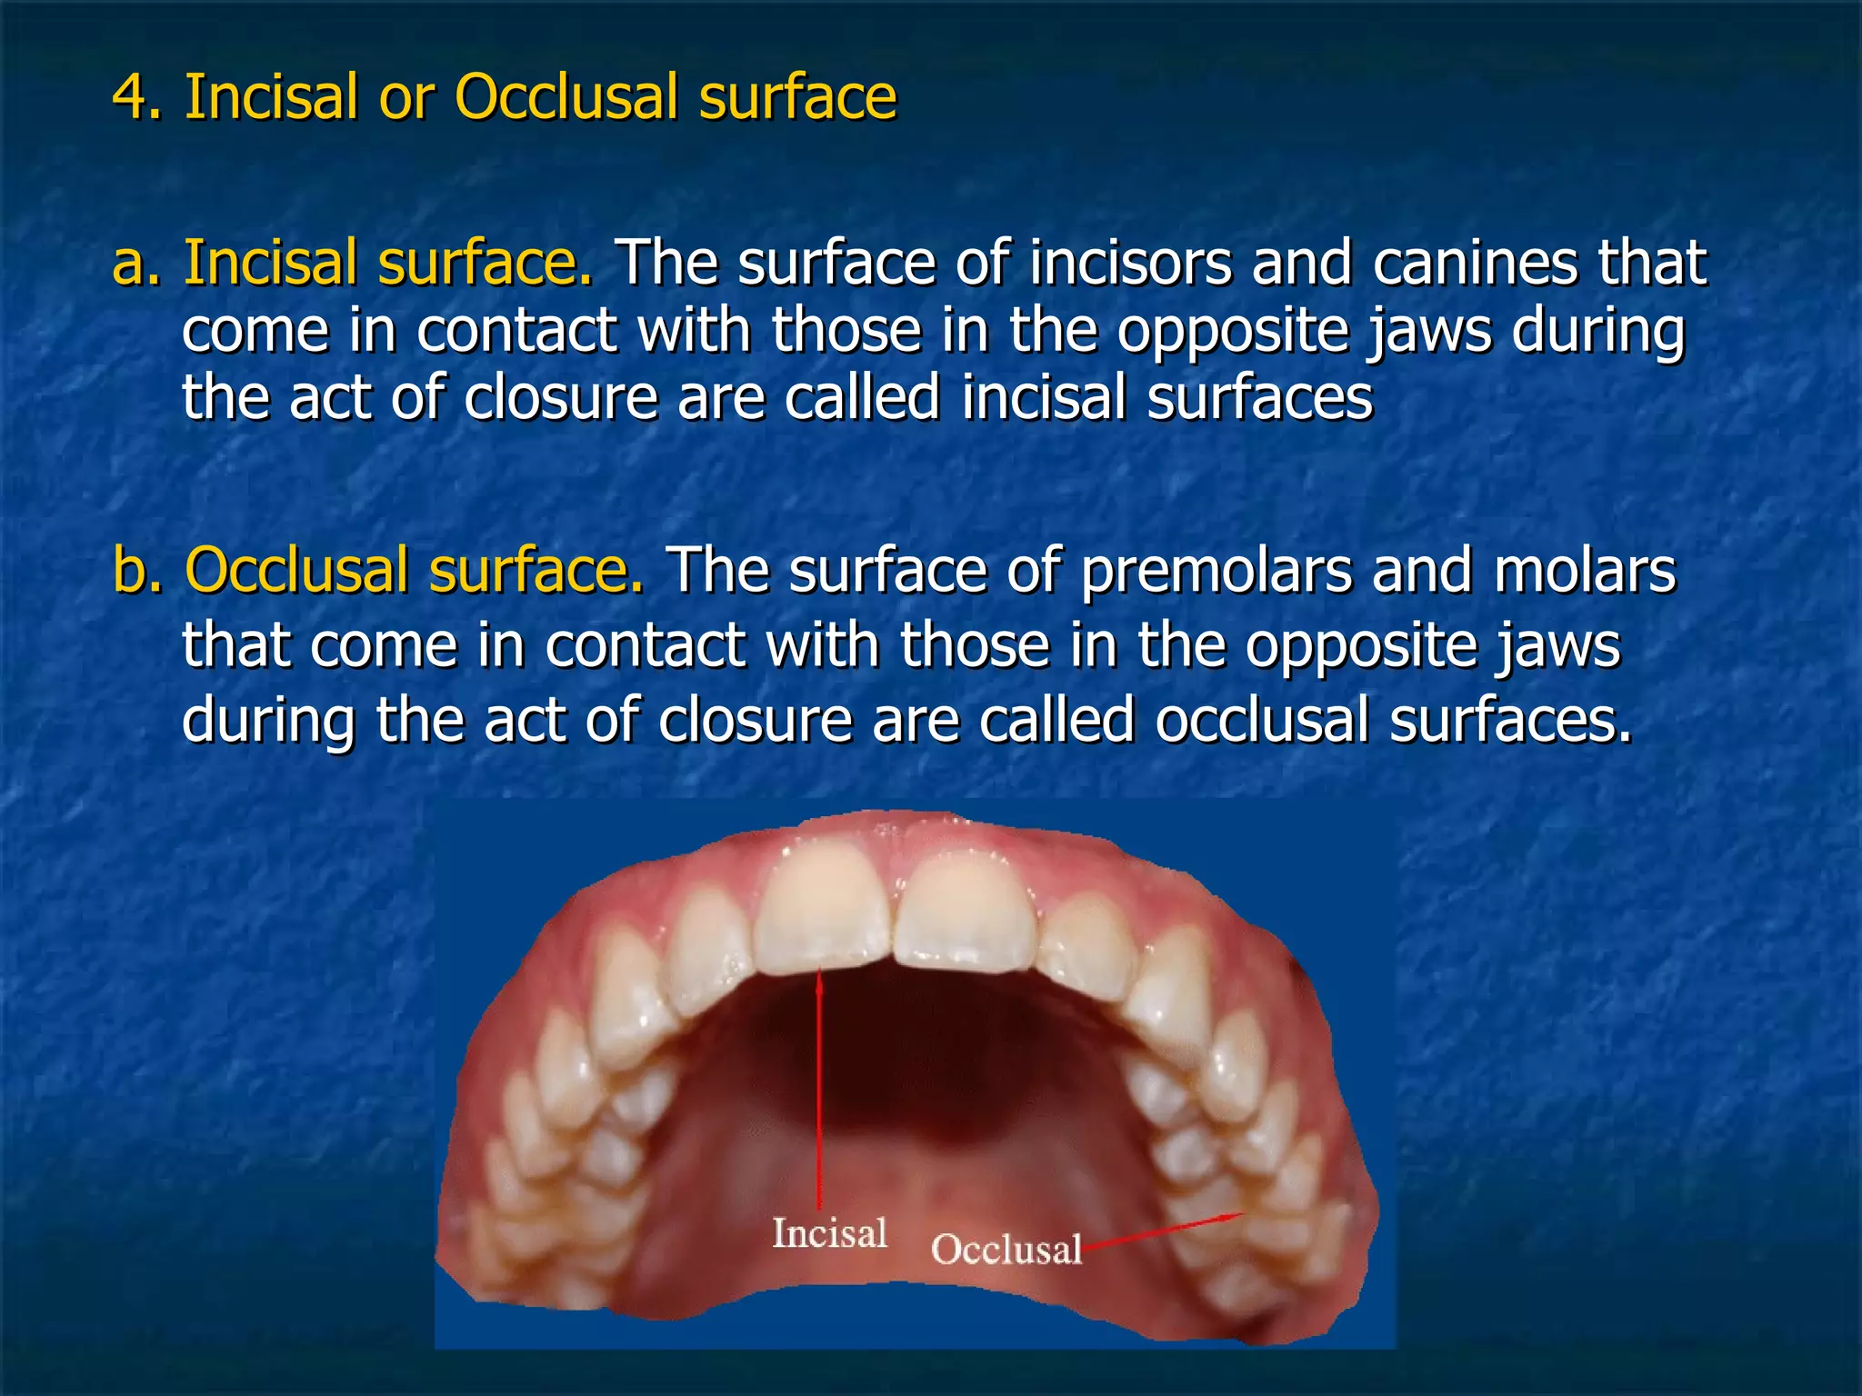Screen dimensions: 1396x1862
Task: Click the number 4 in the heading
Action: click(x=128, y=97)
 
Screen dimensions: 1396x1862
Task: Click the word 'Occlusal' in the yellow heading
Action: click(x=566, y=97)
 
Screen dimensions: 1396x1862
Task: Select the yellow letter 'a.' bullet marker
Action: click(x=135, y=264)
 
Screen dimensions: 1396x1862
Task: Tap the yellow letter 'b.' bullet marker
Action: click(x=137, y=572)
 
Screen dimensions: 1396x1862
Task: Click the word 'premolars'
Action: click(x=1216, y=572)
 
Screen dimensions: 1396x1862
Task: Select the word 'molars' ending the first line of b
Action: click(x=1584, y=572)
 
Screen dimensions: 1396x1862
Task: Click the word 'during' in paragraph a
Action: click(x=1598, y=331)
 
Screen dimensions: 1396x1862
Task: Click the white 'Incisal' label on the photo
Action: click(x=829, y=1233)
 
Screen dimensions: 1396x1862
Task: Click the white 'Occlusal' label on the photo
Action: click(x=1006, y=1250)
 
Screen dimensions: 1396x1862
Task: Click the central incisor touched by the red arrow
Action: click(x=821, y=909)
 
